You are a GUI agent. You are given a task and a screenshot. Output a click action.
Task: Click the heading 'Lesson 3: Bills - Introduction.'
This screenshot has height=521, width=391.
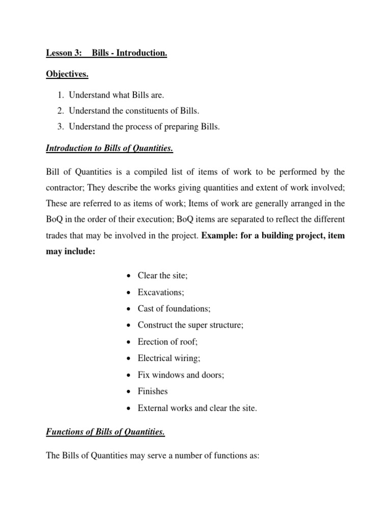(x=106, y=53)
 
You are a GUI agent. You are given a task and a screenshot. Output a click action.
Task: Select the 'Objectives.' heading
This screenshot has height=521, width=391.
(x=67, y=74)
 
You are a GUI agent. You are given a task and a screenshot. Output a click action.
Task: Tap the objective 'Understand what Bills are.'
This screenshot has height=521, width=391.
(x=117, y=95)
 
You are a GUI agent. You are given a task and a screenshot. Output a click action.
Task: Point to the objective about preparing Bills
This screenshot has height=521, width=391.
(x=144, y=127)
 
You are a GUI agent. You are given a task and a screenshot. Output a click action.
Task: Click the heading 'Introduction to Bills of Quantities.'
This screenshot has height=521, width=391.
(x=109, y=148)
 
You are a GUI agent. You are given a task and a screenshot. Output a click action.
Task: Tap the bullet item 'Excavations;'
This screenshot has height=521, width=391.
(x=161, y=292)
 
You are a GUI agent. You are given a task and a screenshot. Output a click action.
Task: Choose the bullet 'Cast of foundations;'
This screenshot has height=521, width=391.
(x=174, y=309)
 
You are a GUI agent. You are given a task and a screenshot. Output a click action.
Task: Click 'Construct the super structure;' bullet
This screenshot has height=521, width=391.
(x=190, y=325)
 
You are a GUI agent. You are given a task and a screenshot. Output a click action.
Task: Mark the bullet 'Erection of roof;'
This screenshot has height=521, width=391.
(x=167, y=342)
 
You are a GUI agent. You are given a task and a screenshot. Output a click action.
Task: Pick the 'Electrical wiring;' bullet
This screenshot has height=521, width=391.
(x=169, y=359)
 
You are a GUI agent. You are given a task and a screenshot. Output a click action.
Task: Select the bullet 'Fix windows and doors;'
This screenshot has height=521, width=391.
(x=181, y=375)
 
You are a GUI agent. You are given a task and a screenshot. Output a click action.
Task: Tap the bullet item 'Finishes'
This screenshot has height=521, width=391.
(x=153, y=392)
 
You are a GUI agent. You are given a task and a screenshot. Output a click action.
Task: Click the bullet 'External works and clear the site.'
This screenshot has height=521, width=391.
(x=197, y=409)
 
